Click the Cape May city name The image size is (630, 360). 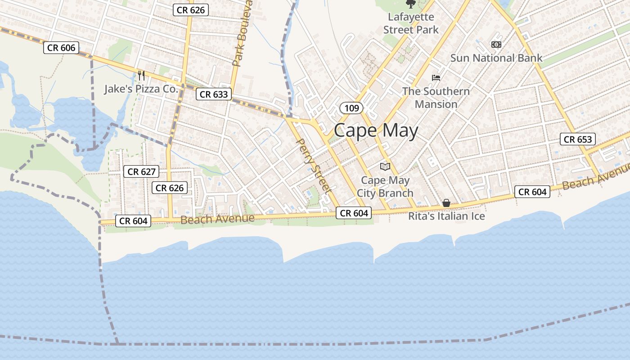click(376, 130)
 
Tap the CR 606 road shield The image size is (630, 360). click(61, 48)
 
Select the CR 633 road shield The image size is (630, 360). click(214, 94)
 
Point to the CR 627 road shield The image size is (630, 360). click(141, 171)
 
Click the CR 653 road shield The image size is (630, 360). click(578, 139)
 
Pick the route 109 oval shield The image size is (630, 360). click(351, 108)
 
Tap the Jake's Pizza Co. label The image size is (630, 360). click(141, 89)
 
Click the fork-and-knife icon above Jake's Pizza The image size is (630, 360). click(141, 75)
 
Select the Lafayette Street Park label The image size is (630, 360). click(411, 23)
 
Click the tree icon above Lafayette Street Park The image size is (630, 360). click(410, 4)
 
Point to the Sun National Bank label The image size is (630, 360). click(496, 58)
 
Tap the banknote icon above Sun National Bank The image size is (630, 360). click(496, 45)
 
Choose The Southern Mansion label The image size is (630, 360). click(436, 98)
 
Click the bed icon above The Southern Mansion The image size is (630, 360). click(436, 77)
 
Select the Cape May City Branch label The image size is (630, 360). click(385, 187)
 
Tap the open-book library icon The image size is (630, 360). click(385, 167)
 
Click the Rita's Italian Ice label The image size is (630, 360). click(446, 216)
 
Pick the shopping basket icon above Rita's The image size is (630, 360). click(446, 203)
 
